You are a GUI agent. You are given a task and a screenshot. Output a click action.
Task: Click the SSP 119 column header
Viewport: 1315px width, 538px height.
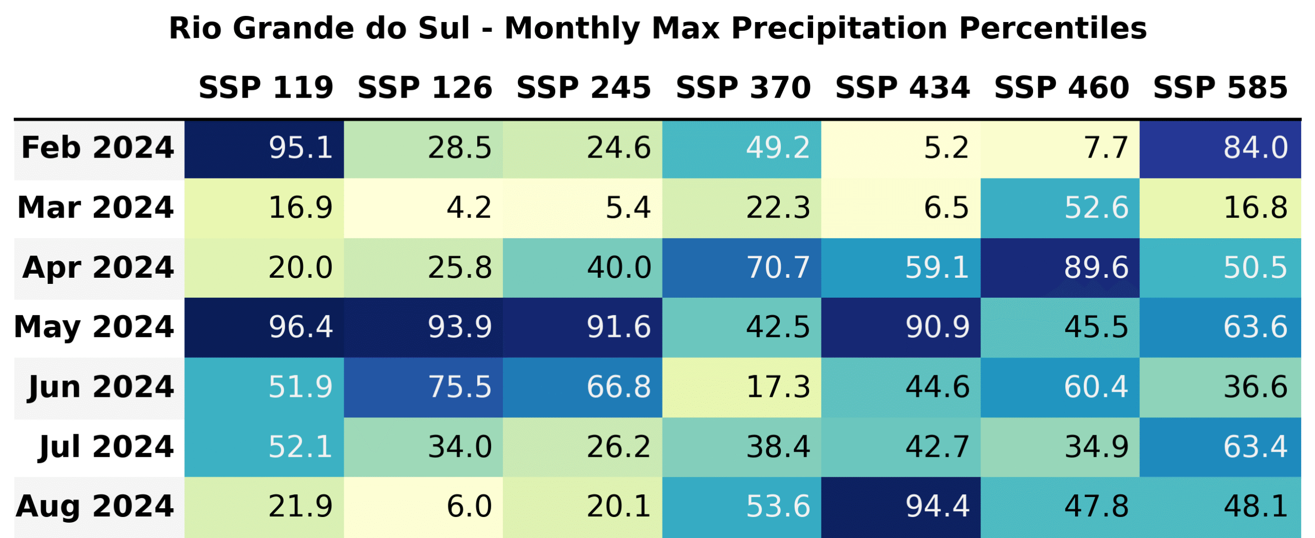click(266, 87)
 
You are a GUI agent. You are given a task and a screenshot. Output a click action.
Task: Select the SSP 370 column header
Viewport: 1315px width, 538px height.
click(743, 87)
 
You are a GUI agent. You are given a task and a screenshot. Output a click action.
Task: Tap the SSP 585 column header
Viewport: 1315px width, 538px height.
click(1220, 87)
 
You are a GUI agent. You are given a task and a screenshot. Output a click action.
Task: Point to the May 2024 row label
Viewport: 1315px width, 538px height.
click(95, 327)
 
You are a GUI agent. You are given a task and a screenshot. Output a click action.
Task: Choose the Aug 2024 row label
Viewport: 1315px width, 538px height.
click(96, 506)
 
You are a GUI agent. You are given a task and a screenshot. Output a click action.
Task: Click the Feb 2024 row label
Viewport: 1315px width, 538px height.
click(98, 148)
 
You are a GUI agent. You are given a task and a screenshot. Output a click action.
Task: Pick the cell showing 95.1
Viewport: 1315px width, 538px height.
click(264, 149)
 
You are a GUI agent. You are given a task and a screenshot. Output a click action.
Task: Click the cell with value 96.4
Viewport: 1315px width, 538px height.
click(264, 328)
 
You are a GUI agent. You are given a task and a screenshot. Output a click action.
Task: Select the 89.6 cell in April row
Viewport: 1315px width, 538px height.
click(1059, 267)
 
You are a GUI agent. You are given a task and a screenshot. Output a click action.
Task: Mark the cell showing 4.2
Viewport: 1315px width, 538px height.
click(423, 208)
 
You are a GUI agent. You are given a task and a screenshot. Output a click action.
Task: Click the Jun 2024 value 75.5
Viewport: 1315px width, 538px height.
click(423, 387)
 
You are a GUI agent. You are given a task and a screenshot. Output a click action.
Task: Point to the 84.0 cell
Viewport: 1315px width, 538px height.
click(1219, 149)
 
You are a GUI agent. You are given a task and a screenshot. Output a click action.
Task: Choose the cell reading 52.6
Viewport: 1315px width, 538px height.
click(1059, 208)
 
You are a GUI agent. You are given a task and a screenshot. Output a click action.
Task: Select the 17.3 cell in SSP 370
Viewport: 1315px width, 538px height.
click(741, 387)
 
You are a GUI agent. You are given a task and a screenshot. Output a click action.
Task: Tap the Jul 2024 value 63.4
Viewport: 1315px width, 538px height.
click(1219, 447)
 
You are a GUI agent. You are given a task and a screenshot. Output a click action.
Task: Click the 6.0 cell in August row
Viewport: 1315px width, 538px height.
click(423, 507)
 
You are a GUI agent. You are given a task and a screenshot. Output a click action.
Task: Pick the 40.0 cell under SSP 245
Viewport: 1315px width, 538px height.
click(582, 267)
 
